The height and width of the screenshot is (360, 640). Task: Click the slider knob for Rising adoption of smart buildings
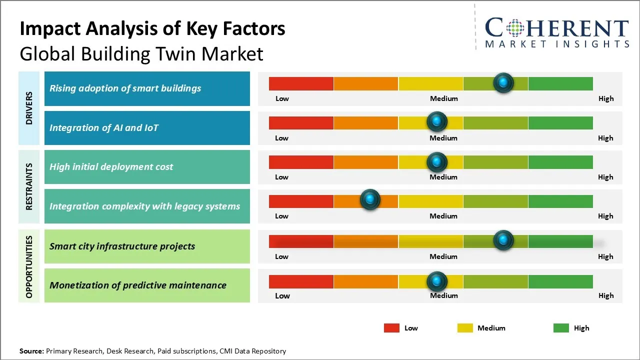[x=503, y=82]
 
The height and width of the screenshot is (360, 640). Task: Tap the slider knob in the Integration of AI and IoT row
[x=437, y=121]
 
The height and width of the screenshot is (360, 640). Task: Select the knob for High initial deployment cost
[x=437, y=161]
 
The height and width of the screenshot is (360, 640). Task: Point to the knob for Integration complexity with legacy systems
[x=370, y=200]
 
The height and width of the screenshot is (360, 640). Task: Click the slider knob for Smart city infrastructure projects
[x=503, y=240]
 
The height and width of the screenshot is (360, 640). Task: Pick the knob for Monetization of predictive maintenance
[x=437, y=281]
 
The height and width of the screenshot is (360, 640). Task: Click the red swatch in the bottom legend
[x=391, y=328]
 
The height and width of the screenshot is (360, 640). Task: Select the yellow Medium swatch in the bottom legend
[x=465, y=328]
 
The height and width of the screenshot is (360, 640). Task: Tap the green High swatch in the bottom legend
[x=561, y=328]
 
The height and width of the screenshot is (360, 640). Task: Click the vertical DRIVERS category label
[x=29, y=108]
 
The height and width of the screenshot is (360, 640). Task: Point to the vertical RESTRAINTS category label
[x=29, y=186]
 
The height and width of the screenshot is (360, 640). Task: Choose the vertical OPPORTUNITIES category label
[x=29, y=266]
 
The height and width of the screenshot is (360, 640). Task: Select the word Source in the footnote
[x=31, y=351]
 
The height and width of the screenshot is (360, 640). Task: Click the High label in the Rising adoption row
[x=606, y=98]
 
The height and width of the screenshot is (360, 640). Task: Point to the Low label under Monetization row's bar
[x=282, y=295]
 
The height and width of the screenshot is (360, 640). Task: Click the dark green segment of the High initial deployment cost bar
[x=560, y=162]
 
